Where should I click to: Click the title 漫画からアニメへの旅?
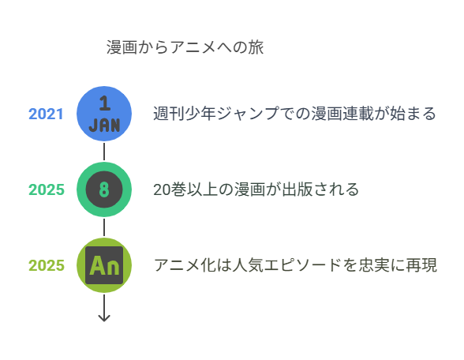point(185,47)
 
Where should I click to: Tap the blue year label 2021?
point(46,114)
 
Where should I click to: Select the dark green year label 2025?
point(46,189)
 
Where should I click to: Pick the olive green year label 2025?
point(46,265)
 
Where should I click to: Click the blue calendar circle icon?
point(104,114)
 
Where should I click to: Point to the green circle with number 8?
point(104,189)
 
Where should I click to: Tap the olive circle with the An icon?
point(104,265)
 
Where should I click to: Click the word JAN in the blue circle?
point(104,126)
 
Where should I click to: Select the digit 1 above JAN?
point(105,103)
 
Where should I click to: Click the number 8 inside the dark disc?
point(104,189)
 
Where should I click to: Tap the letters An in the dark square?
point(104,265)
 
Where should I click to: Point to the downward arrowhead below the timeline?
point(104,318)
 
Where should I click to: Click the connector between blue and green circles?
point(104,152)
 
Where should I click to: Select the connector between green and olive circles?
point(104,227)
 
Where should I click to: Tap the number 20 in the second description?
point(162,189)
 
